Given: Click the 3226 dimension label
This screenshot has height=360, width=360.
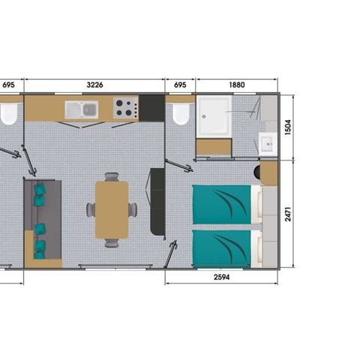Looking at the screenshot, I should (x=94, y=85).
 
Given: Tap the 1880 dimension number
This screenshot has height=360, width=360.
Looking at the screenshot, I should (x=236, y=85).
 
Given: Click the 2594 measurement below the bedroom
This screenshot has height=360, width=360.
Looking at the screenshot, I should (x=221, y=277).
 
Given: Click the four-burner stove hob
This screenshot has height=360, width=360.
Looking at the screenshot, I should (x=125, y=108).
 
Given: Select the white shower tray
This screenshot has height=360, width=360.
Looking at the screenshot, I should (x=215, y=116).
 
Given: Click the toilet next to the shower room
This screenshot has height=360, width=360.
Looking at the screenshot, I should (x=180, y=114).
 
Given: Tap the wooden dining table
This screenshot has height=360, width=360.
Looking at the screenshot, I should (x=111, y=210).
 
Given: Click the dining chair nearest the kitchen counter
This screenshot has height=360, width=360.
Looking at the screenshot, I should (x=111, y=178).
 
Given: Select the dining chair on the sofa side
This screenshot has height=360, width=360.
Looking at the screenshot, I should (x=90, y=210).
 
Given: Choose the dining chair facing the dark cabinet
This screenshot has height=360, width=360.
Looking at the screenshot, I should (x=133, y=210).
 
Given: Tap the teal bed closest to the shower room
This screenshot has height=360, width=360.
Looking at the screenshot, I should (x=220, y=204).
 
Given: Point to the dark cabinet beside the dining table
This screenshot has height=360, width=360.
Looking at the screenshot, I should (x=157, y=201).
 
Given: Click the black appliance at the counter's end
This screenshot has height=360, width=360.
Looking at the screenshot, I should (x=154, y=107).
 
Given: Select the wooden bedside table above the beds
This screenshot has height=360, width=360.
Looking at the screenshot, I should (x=269, y=173).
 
